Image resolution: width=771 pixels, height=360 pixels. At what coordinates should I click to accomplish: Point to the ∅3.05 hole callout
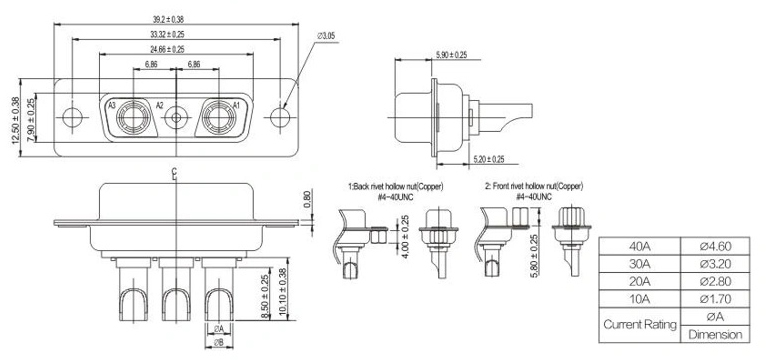click(x=326, y=36)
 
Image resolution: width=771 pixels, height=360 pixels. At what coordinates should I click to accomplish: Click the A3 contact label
click(x=112, y=105)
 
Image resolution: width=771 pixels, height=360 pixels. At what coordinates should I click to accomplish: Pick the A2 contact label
click(x=160, y=105)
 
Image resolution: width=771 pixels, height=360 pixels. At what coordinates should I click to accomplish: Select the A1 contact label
click(x=236, y=105)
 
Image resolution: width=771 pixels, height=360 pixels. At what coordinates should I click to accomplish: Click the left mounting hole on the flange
click(x=72, y=118)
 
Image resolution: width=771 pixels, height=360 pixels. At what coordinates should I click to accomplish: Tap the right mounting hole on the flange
click(x=280, y=118)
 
